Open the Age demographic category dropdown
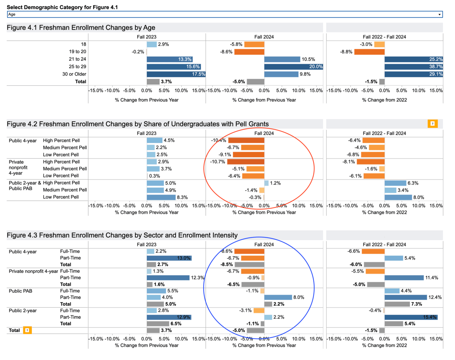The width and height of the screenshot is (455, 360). point(225,14)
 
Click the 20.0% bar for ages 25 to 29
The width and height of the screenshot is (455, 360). point(293,67)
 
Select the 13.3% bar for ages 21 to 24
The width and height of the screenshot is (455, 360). point(169,59)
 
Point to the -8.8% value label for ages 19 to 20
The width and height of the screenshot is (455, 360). point(346,52)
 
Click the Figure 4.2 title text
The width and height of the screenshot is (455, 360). point(138,124)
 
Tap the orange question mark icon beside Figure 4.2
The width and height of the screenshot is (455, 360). point(432,124)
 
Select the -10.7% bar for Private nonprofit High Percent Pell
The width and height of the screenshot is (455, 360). point(245,162)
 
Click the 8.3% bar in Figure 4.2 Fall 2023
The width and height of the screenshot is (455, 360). point(161,197)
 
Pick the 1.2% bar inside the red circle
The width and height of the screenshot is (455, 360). point(266,183)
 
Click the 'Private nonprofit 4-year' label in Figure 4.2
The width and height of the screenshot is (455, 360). point(18,168)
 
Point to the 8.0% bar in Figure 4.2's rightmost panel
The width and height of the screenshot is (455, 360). point(398,197)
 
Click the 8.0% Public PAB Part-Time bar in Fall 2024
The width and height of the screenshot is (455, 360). point(278,297)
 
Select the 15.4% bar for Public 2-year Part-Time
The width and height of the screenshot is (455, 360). point(411,317)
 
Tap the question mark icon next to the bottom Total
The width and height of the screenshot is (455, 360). point(27,330)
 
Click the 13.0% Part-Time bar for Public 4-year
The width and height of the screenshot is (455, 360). point(169,258)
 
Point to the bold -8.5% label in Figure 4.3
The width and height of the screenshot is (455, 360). point(226,265)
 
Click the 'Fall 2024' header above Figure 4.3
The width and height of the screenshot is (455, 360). point(264,245)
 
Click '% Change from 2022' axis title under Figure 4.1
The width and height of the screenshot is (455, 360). point(384,100)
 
